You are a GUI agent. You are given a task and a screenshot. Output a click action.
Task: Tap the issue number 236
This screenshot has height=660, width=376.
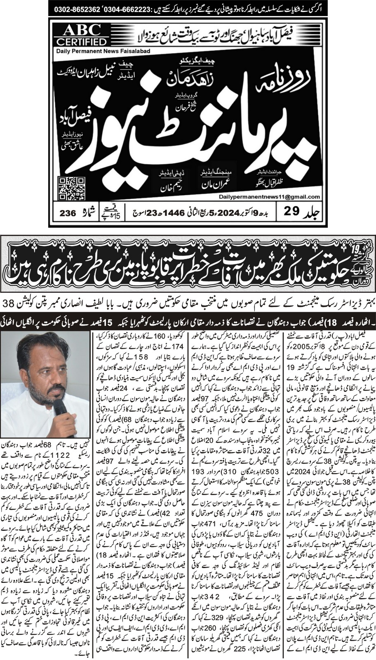(68, 213)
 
